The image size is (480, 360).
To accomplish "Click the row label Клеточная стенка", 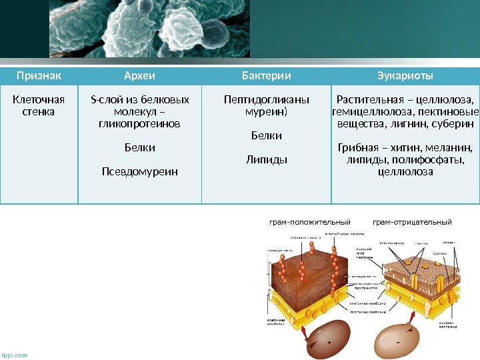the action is point(38,106).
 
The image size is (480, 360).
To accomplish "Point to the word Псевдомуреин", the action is point(140,171).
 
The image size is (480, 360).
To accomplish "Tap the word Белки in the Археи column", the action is point(140,147).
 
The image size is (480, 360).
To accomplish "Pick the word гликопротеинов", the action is point(140,124).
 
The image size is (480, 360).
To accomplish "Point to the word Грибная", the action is point(361,147).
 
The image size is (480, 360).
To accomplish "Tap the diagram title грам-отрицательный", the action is point(412,221).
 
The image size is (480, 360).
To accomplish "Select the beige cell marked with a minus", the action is point(397,339).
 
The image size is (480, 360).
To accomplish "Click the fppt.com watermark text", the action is point(15,355).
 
